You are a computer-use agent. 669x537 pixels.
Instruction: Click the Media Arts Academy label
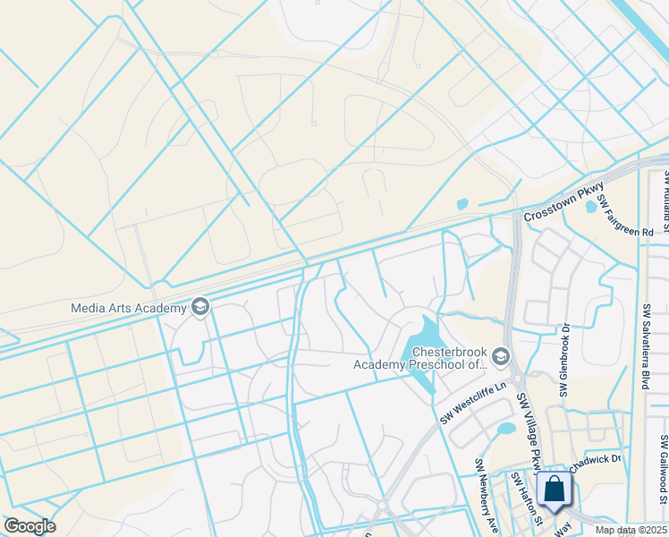click(129, 308)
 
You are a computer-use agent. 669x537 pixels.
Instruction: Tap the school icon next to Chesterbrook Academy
click(500, 356)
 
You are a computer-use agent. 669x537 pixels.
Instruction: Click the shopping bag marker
click(555, 490)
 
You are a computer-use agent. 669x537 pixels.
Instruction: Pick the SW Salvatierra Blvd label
click(645, 345)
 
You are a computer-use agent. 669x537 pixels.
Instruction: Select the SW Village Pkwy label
click(527, 433)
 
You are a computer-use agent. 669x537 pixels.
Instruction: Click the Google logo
click(29, 526)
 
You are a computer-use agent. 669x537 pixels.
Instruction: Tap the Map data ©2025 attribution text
click(630, 530)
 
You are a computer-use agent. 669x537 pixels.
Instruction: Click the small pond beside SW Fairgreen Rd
click(590, 207)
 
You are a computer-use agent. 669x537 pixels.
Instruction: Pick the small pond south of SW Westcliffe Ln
click(506, 428)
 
